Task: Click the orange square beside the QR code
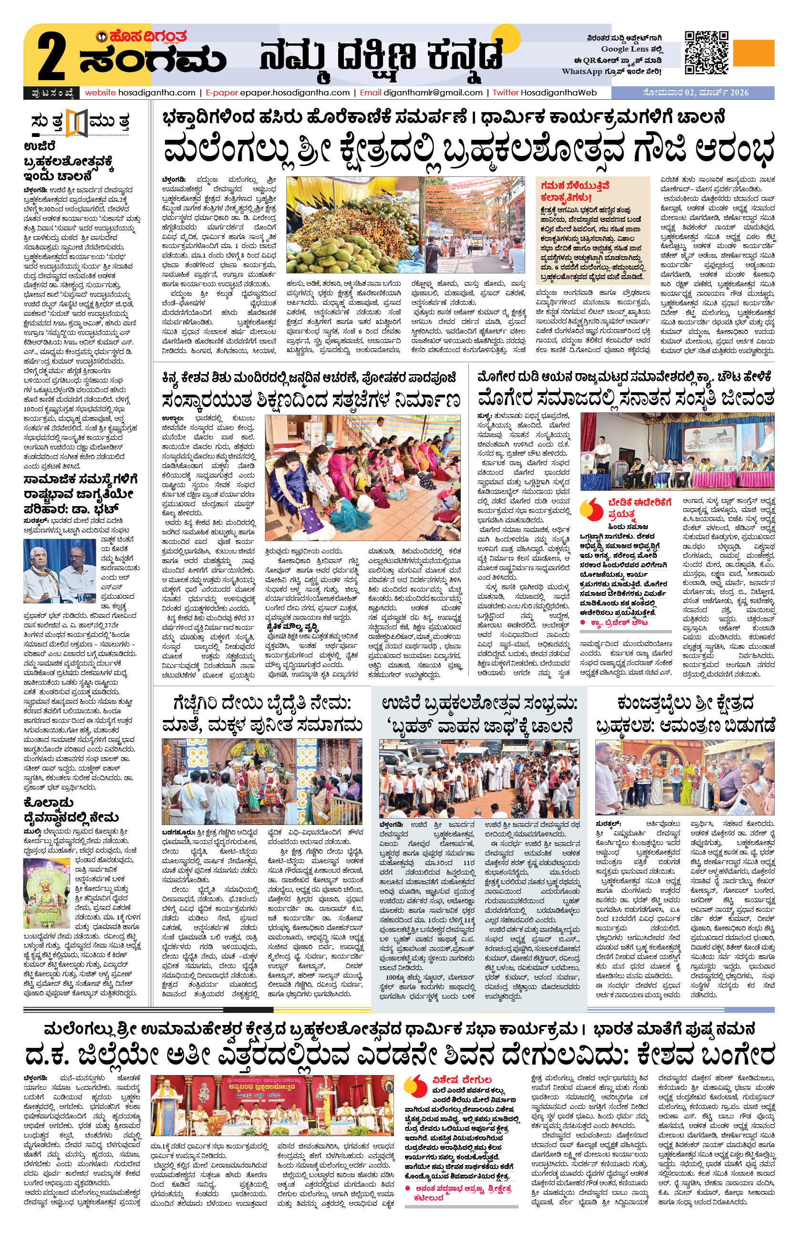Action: click(754, 53)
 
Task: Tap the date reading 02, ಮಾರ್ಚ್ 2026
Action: click(718, 93)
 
